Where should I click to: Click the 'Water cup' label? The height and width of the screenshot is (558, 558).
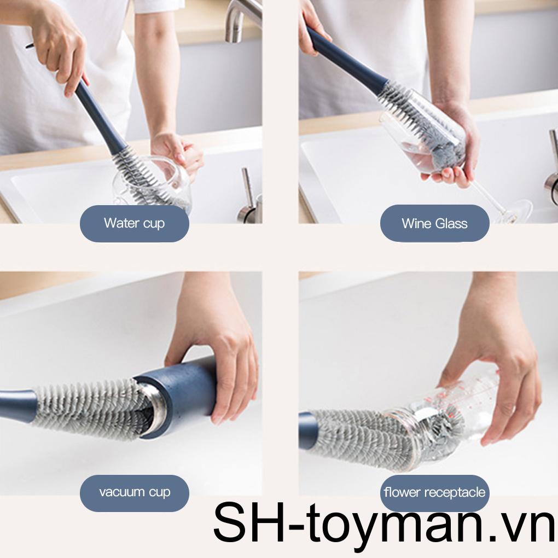[134, 223]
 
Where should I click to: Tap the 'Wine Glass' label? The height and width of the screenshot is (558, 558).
[434, 223]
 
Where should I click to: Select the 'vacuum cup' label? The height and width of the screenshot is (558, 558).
[134, 492]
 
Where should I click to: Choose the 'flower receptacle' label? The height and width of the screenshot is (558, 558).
[434, 492]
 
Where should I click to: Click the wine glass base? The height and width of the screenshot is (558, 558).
[514, 211]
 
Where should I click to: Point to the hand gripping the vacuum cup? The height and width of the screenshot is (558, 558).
[219, 350]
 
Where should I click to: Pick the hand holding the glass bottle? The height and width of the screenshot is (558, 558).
[492, 372]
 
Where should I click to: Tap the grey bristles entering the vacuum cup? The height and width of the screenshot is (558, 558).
[88, 408]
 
